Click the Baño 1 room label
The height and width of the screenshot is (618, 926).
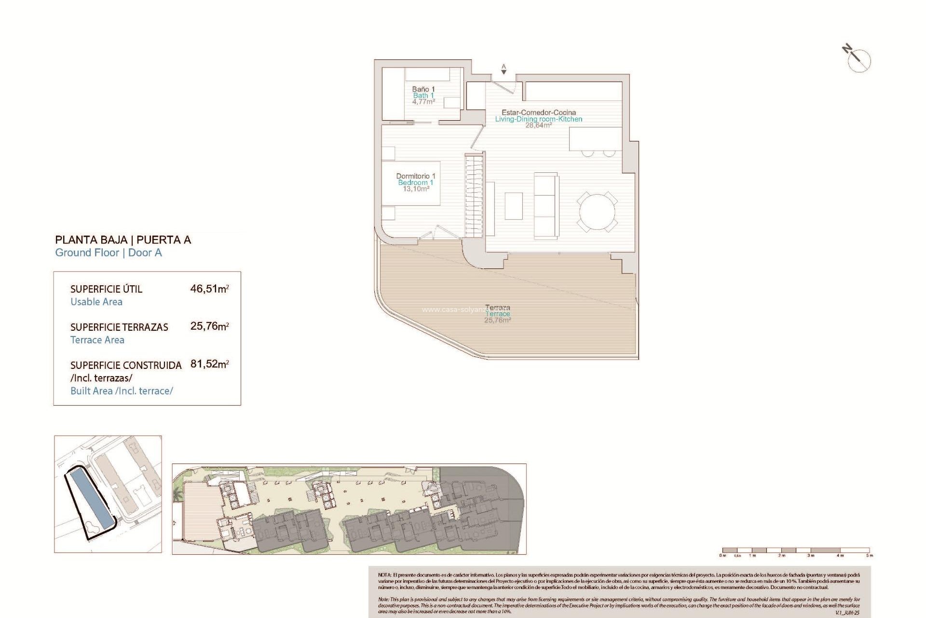[423, 89]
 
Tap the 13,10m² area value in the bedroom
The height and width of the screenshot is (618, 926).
[416, 189]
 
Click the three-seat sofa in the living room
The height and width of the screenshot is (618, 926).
[546, 205]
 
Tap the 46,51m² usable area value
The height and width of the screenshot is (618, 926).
[209, 289]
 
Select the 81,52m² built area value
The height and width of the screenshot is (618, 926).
[209, 364]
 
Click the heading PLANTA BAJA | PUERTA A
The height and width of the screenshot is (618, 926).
[123, 240]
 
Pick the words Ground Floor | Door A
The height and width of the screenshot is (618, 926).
[109, 253]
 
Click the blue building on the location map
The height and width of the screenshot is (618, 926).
[90, 499]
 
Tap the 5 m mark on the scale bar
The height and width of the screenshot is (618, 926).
[869, 556]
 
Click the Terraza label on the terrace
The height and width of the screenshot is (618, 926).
[498, 308]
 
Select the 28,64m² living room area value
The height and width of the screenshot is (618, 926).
[538, 125]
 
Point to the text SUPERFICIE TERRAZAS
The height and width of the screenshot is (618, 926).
[119, 327]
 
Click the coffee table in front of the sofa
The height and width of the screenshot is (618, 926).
[514, 206]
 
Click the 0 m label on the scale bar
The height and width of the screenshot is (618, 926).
[722, 556]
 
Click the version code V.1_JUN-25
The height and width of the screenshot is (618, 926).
[847, 613]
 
